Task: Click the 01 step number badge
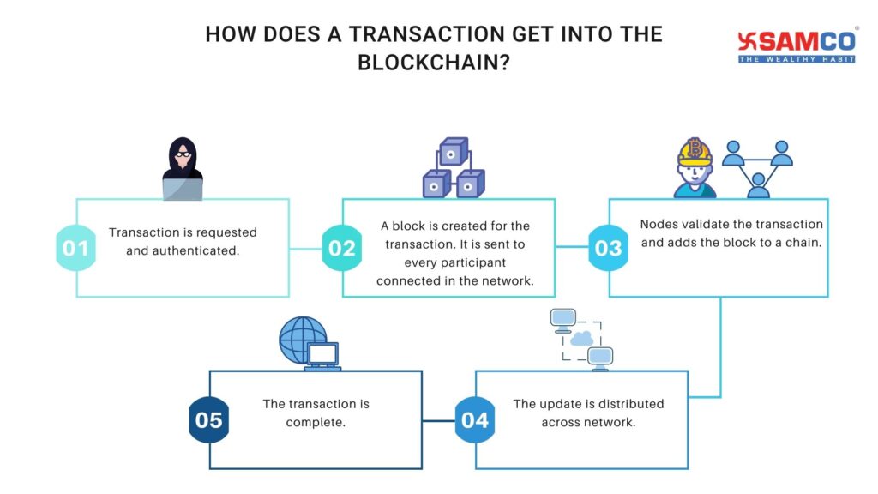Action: click(x=75, y=249)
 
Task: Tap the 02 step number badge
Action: click(x=341, y=249)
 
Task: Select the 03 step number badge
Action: click(x=608, y=249)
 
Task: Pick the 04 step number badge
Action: click(x=474, y=420)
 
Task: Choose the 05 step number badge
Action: click(x=208, y=420)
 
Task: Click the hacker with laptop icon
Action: click(x=183, y=170)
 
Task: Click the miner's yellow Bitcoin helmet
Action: click(x=695, y=153)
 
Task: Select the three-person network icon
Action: click(x=758, y=166)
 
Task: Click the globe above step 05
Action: click(x=301, y=339)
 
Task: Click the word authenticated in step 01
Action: click(x=183, y=250)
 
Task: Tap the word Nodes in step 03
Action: click(x=658, y=225)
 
